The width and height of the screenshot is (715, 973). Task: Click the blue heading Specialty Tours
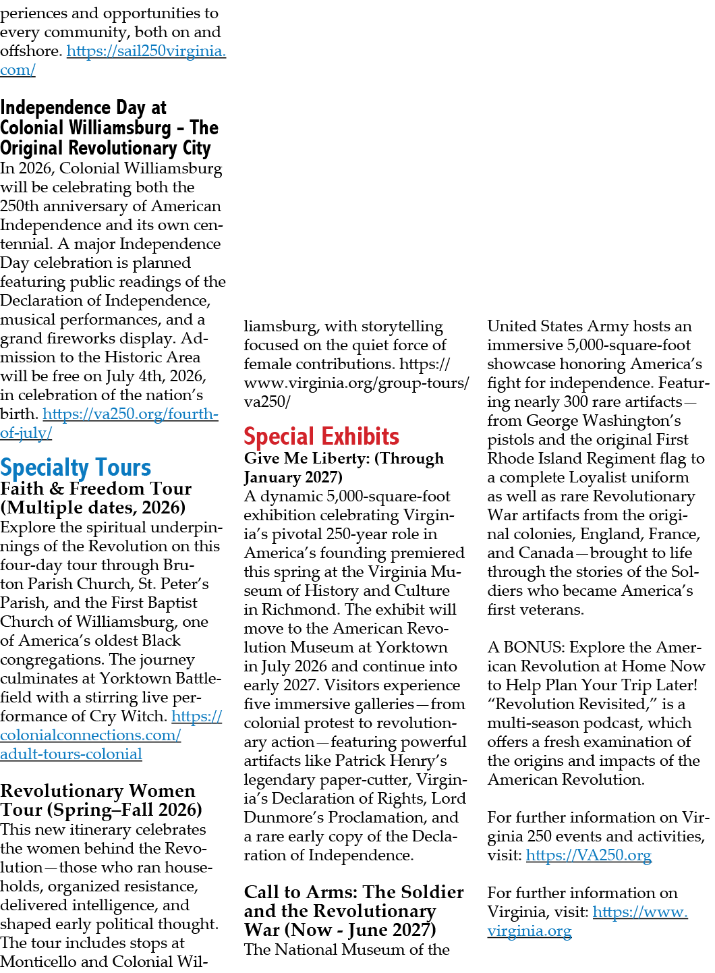click(76, 468)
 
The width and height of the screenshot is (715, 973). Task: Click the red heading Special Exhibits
click(321, 436)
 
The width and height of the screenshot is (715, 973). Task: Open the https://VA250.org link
click(589, 856)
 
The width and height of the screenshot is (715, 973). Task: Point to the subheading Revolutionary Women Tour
click(101, 800)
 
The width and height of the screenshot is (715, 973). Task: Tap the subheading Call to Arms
click(354, 910)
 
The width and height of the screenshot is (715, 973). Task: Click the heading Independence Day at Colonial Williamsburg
click(109, 128)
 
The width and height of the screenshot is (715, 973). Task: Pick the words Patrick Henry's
click(391, 760)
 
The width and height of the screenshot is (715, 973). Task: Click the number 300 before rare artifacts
click(575, 401)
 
